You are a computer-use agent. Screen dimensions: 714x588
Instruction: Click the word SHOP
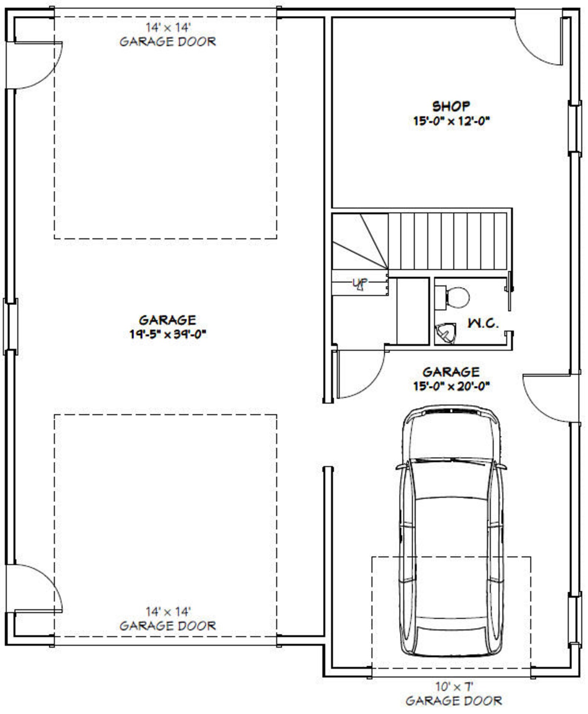(x=451, y=106)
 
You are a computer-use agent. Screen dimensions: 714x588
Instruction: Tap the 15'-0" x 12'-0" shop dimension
(x=451, y=121)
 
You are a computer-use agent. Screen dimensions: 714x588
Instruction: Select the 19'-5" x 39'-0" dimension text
(x=167, y=334)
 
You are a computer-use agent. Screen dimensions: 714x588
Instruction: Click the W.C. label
(x=483, y=323)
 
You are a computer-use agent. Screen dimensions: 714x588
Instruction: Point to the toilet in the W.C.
(x=455, y=297)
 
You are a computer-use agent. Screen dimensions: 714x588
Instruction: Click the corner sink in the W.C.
(x=445, y=333)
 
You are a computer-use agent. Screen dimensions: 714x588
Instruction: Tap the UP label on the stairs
(x=360, y=284)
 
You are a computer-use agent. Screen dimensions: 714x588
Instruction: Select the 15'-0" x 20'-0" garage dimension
(x=451, y=386)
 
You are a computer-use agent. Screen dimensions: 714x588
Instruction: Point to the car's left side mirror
(x=401, y=467)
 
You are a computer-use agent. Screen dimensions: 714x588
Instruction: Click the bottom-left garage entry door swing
(x=35, y=588)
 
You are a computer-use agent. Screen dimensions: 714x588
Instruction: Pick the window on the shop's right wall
(x=574, y=128)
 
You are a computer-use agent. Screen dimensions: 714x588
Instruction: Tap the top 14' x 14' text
(x=168, y=28)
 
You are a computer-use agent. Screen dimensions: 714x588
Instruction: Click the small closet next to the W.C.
(x=412, y=311)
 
